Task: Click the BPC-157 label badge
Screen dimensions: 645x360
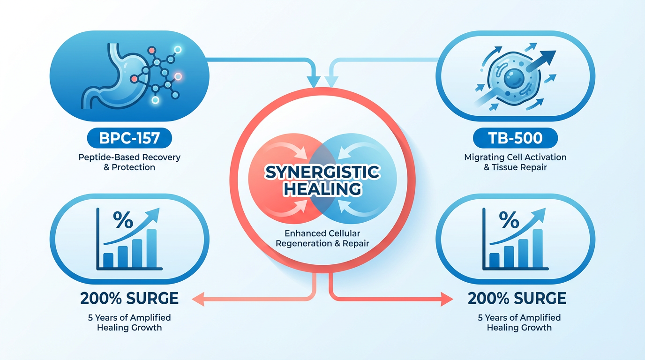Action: [129, 138]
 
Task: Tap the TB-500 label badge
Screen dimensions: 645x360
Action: [516, 138]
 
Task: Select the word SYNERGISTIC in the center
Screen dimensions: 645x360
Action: [322, 172]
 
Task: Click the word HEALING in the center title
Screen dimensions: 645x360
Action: [323, 189]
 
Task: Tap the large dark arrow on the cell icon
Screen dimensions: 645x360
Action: [540, 60]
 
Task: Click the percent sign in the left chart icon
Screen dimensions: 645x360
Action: [123, 219]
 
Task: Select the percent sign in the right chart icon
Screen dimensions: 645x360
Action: [509, 219]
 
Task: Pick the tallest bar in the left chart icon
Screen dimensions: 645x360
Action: [152, 248]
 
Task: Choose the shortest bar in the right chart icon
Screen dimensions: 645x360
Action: [494, 260]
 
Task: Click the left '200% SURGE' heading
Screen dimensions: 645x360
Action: [129, 298]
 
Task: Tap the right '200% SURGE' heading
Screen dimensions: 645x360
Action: [517, 298]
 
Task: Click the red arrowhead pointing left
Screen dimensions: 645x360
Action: [198, 299]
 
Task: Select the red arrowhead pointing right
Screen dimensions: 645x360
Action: [447, 299]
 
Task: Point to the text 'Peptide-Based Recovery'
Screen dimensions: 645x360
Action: [129, 157]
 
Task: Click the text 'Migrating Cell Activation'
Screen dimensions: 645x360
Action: [516, 157]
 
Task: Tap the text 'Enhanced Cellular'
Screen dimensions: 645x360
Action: [322, 233]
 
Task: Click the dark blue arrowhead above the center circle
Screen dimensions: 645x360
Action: [313, 82]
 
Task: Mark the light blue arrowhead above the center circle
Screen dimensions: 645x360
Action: [331, 82]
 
